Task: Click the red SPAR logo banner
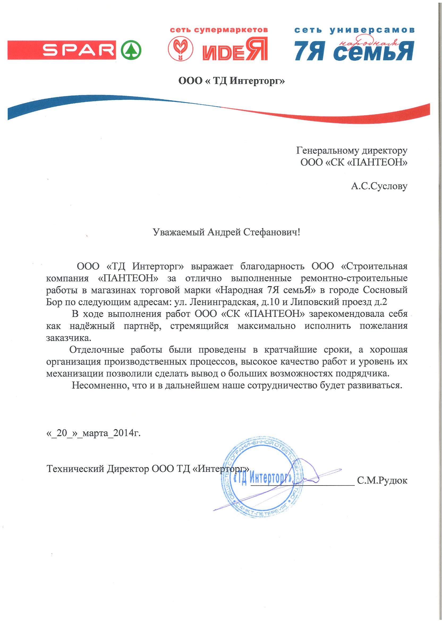[62, 50]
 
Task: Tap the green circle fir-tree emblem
[131, 50]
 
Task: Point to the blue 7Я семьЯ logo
[354, 50]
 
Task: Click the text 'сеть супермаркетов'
[219, 30]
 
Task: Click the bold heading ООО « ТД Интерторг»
[231, 81]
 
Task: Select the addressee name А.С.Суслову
[379, 186]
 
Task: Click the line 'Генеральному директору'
[352, 150]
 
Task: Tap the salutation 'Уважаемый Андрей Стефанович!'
[226, 232]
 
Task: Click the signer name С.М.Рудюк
[382, 480]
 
